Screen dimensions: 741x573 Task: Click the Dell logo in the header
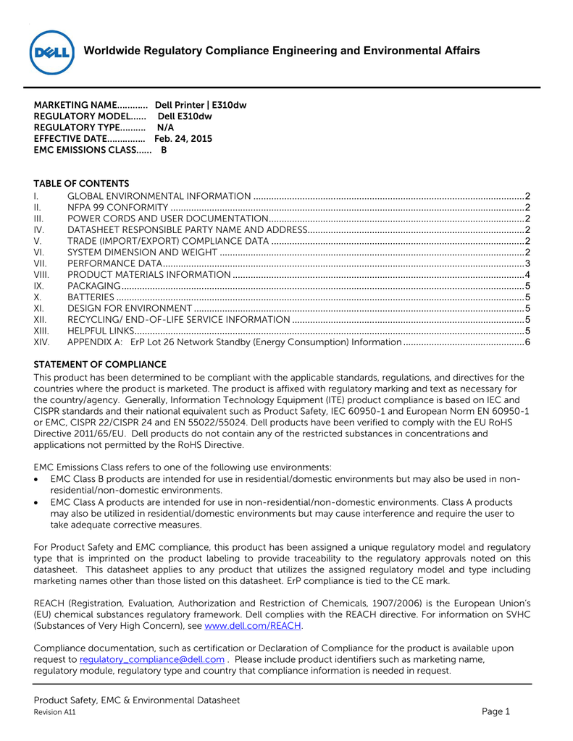tap(51, 52)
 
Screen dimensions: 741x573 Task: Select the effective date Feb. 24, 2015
tap(183, 138)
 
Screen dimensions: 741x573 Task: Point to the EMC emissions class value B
tap(164, 150)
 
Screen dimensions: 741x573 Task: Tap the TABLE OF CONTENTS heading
tap(81, 184)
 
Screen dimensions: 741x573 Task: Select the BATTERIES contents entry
tap(91, 297)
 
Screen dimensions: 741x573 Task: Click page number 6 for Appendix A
tap(528, 342)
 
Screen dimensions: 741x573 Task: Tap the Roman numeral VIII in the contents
tap(41, 274)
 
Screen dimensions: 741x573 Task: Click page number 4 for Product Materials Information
tap(528, 274)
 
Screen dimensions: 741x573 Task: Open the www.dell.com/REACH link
tap(254, 626)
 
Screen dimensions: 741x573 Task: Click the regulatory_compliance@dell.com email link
tap(151, 659)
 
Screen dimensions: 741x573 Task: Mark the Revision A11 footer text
tap(55, 713)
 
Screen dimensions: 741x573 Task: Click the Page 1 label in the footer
tap(496, 711)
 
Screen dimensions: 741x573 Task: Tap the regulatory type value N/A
tap(166, 127)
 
